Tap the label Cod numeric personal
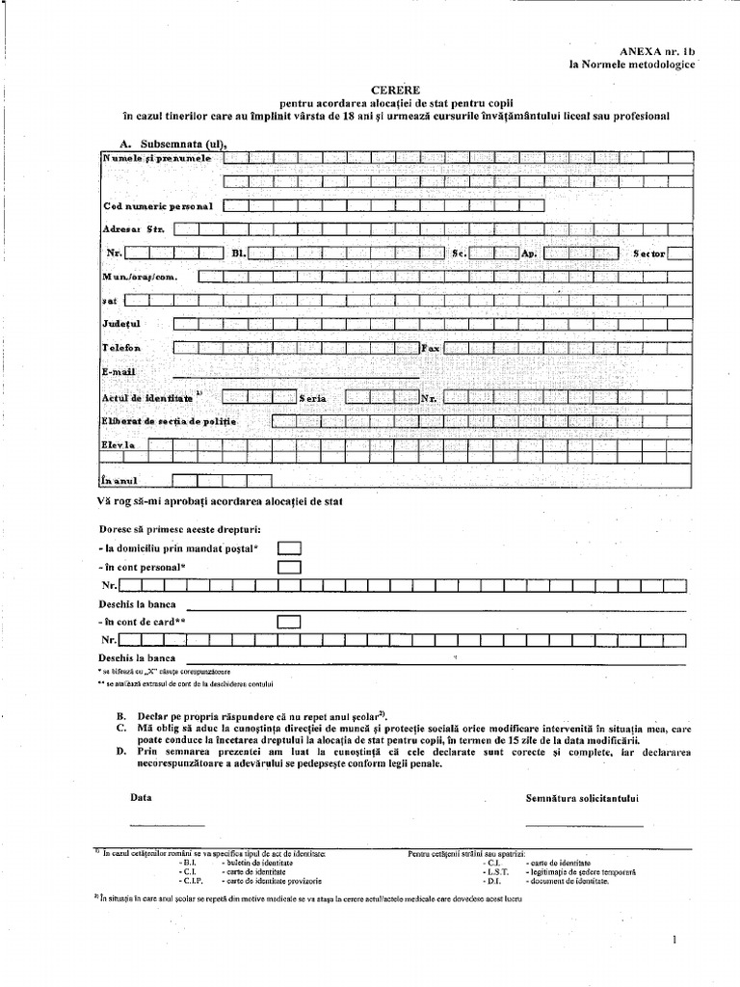coord(158,206)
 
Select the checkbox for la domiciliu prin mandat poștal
coord(289,547)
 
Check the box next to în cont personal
coord(289,567)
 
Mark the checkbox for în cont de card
coord(289,622)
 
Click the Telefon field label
coord(122,348)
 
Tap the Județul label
coord(122,324)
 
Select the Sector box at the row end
coord(680,253)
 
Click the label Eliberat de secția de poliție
coord(169,421)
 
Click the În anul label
coord(121,480)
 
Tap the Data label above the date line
coord(141,798)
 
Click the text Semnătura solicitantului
coord(584,798)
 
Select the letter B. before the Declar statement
coord(120,717)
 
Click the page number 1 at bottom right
coord(676,938)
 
